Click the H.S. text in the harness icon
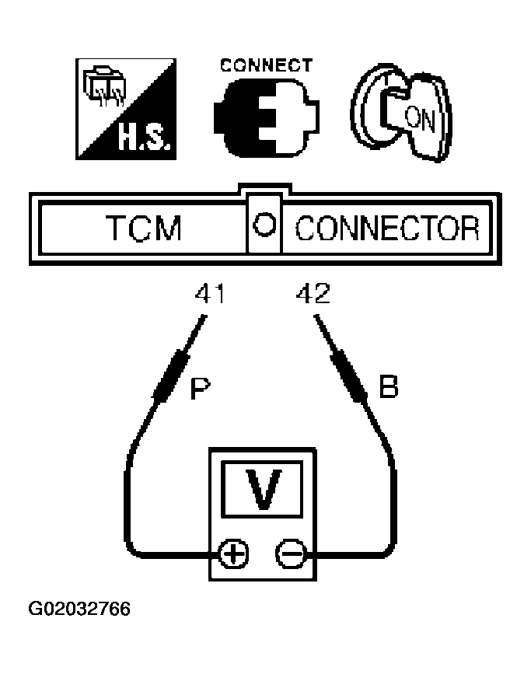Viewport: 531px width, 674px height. tap(145, 138)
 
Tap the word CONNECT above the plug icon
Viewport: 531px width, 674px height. tap(266, 65)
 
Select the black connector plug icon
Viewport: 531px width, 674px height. tap(267, 118)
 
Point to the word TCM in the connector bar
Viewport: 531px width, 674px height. tap(144, 228)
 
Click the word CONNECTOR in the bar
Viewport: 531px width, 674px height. tap(387, 228)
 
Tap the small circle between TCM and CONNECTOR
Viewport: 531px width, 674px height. tap(264, 225)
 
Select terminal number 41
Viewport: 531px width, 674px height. tap(210, 294)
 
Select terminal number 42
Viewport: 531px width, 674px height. tap(313, 294)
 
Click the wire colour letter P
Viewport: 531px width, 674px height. tap(201, 388)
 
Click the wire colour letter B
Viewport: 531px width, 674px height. tap(389, 386)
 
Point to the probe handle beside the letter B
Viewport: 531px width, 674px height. tap(348, 376)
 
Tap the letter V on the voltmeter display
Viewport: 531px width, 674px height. tap(263, 488)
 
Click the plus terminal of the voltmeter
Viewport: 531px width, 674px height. tap(233, 554)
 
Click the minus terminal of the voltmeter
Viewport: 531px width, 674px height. tap(291, 554)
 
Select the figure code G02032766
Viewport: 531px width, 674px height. tap(79, 609)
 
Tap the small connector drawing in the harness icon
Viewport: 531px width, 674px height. tap(104, 86)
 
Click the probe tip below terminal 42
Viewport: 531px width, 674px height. tap(317, 318)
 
